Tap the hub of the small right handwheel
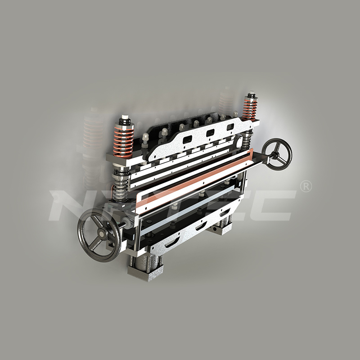tap(276, 155)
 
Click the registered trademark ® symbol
tap(306, 186)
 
